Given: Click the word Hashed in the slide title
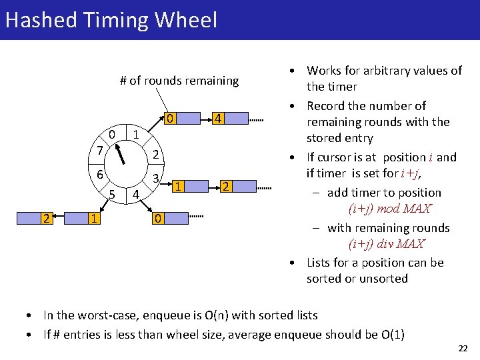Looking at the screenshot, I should (42, 20).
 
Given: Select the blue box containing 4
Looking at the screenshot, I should (218, 119).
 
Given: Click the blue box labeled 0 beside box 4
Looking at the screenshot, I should (171, 119).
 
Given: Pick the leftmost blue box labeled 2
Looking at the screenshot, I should (44, 218).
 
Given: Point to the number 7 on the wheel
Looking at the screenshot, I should (99, 151).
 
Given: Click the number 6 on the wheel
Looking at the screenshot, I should (99, 173).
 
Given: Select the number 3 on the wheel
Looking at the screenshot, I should (155, 179).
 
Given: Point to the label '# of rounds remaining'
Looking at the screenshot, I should (179, 81).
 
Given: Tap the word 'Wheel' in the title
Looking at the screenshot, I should (186, 20).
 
